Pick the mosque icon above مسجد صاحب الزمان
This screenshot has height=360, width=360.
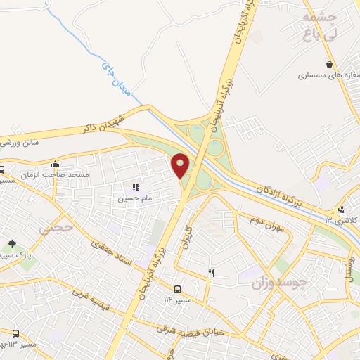point(55,164)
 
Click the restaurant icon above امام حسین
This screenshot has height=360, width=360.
point(136,187)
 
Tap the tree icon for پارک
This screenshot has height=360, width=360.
point(12,243)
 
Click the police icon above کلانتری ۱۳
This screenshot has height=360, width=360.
point(342,209)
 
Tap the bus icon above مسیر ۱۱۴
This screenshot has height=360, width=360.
point(177,289)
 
